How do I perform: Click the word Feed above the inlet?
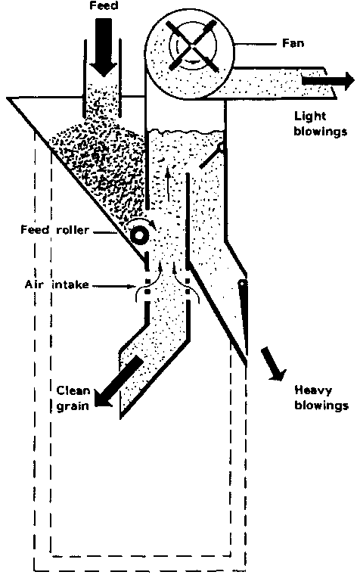(104, 6)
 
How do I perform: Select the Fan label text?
(293, 43)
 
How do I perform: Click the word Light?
(310, 117)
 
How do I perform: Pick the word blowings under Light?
(321, 132)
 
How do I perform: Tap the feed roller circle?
(139, 235)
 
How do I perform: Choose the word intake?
(70, 284)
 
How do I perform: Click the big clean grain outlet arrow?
(118, 381)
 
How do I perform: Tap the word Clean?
(73, 390)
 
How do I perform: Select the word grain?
(73, 406)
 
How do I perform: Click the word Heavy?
(313, 390)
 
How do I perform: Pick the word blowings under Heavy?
(321, 405)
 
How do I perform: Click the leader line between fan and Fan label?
(255, 44)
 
